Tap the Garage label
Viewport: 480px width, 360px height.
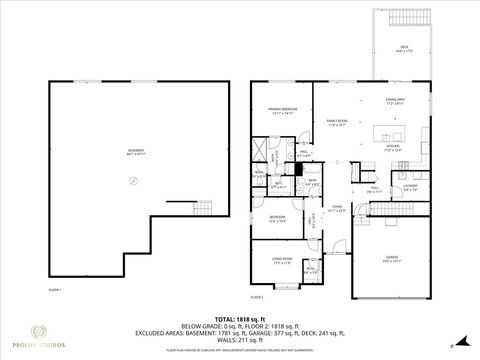click(392, 257)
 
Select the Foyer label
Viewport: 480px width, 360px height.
click(338, 208)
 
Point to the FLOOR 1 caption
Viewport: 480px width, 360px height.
click(55, 289)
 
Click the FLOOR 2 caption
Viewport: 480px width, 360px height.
click(255, 297)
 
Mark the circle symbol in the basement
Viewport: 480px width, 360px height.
click(130, 179)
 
